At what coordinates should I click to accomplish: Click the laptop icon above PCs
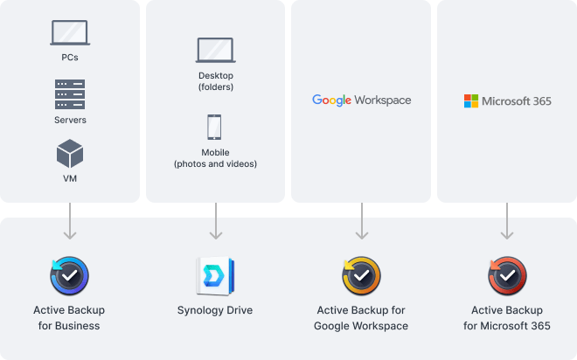[70, 33]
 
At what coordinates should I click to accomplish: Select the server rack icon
[70, 93]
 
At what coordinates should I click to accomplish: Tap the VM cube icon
[70, 155]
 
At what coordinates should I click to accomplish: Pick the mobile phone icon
[215, 128]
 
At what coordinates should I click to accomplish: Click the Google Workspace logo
[361, 100]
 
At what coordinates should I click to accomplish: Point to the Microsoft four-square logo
[471, 101]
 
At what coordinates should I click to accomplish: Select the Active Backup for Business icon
[70, 275]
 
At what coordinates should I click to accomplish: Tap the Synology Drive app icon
[215, 276]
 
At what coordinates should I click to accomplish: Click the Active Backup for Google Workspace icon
[361, 276]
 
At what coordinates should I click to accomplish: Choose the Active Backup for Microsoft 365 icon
[507, 276]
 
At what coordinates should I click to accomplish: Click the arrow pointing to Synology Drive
[215, 222]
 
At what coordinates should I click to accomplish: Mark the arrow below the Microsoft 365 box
[507, 222]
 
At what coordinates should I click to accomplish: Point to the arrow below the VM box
[70, 222]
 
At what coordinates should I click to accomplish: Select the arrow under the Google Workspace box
[361, 222]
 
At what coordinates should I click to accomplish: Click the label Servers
[70, 120]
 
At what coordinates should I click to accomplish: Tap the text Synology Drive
[215, 310]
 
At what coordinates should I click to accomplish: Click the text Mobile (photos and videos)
[215, 157]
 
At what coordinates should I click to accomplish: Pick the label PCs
[70, 59]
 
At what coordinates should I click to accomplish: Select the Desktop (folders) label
[215, 81]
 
